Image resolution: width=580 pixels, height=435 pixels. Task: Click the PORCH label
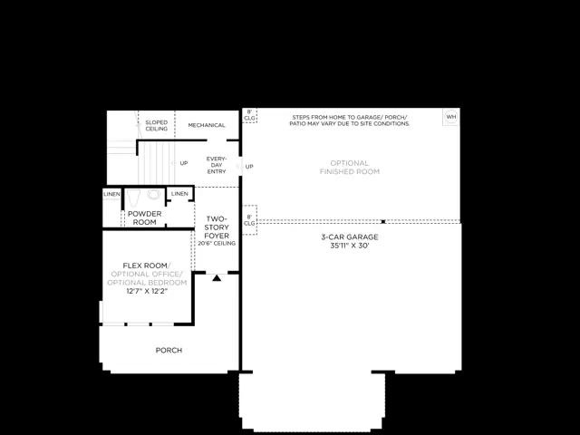(x=169, y=350)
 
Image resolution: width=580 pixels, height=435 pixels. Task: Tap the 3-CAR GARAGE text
(x=350, y=237)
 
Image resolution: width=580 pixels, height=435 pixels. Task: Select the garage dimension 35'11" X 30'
(x=350, y=246)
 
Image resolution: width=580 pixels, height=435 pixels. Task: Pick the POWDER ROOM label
(x=144, y=217)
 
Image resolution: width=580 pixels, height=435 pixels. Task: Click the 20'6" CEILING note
(x=217, y=244)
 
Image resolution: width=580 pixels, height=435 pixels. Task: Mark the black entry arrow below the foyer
(x=217, y=277)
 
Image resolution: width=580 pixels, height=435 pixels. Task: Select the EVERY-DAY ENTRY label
(x=217, y=163)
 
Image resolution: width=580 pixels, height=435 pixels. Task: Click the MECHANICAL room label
(x=206, y=125)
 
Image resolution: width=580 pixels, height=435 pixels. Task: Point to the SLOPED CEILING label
(x=156, y=125)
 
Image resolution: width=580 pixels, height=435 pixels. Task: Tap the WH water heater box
(x=450, y=117)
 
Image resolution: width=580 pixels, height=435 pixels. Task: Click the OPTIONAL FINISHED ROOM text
(x=350, y=167)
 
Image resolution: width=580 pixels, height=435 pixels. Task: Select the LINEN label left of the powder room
(x=111, y=194)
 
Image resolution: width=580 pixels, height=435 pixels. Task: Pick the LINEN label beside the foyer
(x=179, y=194)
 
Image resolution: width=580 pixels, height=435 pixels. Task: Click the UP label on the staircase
(x=184, y=164)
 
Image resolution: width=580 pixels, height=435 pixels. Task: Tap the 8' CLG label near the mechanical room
(x=249, y=115)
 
